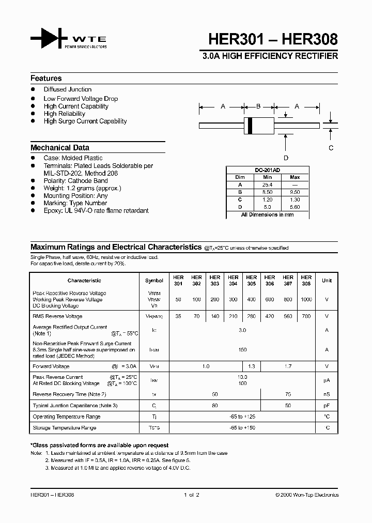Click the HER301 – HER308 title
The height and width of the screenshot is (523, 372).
click(x=273, y=39)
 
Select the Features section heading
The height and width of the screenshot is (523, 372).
click(x=46, y=79)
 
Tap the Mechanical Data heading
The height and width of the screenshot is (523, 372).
click(x=59, y=147)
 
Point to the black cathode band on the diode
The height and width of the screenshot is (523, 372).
click(x=251, y=125)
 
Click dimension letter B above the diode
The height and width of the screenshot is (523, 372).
click(x=258, y=106)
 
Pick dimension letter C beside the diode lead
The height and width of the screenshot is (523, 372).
click(x=331, y=148)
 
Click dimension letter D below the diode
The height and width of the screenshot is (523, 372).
click(x=286, y=158)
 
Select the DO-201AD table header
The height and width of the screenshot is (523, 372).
click(x=267, y=170)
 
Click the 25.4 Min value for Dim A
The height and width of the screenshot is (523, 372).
click(x=267, y=184)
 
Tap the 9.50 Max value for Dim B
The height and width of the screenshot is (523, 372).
click(x=295, y=192)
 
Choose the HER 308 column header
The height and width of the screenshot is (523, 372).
click(x=306, y=280)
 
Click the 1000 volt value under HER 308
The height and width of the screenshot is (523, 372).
click(x=306, y=300)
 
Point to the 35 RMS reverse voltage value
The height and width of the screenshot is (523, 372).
click(x=178, y=316)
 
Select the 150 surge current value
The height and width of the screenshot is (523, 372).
click(x=242, y=350)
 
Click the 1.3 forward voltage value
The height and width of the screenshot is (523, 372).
click(x=252, y=366)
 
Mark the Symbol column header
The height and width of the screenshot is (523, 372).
click(x=154, y=281)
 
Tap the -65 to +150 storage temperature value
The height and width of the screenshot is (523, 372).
click(x=242, y=428)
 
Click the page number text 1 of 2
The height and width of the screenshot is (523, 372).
click(x=191, y=495)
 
